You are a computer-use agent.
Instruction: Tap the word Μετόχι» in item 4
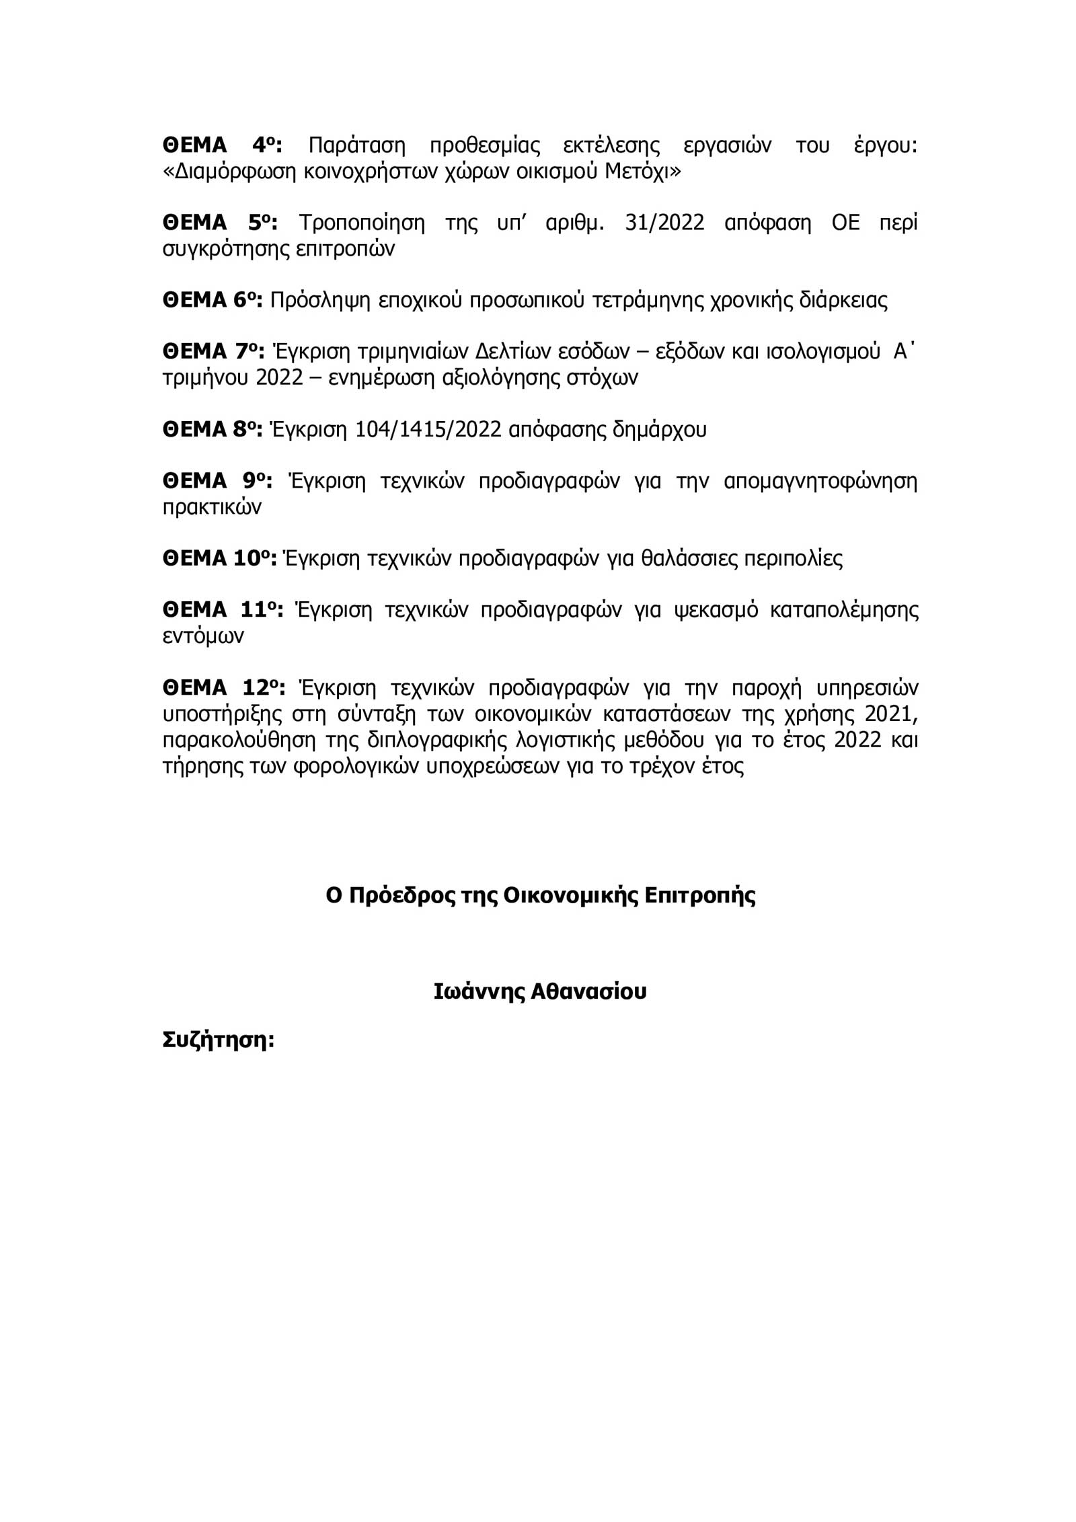(x=643, y=172)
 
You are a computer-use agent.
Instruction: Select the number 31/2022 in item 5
(x=664, y=223)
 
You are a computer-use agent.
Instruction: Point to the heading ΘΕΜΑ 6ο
(x=212, y=300)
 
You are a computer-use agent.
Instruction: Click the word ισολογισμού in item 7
(x=823, y=352)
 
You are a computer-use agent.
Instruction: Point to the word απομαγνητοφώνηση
(x=820, y=482)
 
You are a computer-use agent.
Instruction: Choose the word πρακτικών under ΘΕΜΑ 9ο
(x=212, y=508)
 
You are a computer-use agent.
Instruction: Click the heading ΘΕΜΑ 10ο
(x=219, y=559)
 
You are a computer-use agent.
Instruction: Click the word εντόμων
(x=203, y=636)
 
